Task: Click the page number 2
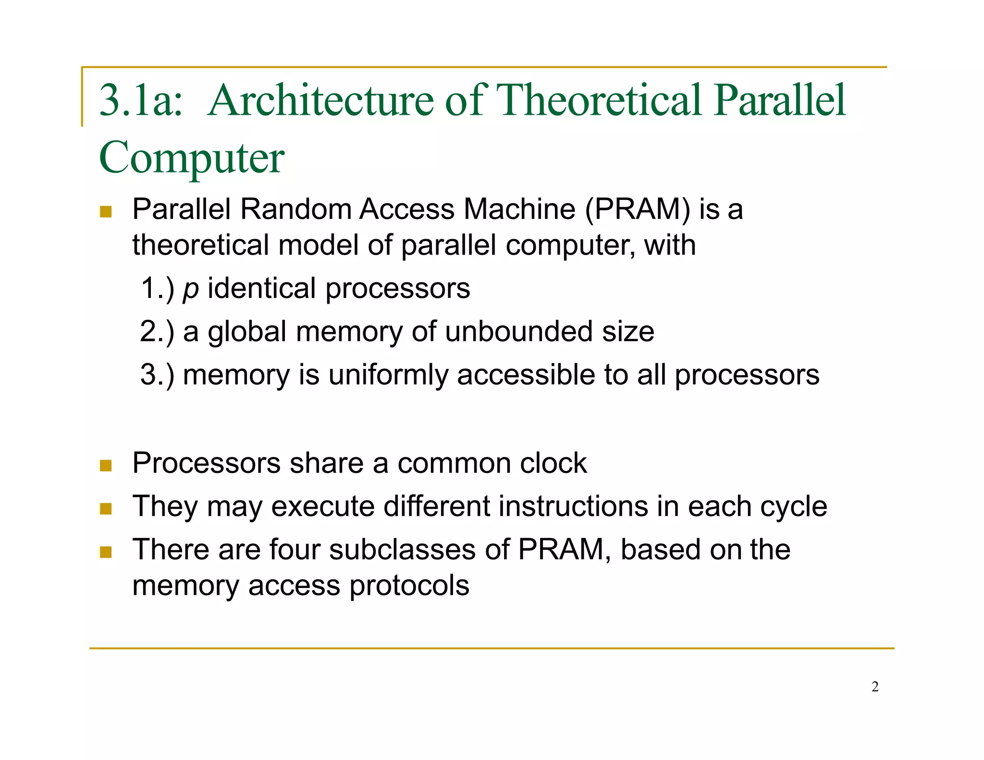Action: point(875,687)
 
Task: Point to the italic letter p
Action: point(191,289)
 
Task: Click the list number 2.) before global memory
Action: point(157,331)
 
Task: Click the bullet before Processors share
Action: point(106,465)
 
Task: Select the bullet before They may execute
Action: point(106,508)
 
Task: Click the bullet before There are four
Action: point(106,552)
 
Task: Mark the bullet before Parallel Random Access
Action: point(106,211)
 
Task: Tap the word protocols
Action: point(409,586)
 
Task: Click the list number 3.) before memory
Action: point(157,375)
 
